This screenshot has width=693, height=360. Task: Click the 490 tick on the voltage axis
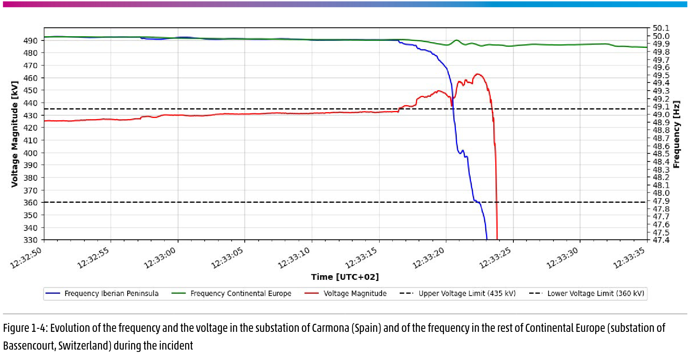click(30, 40)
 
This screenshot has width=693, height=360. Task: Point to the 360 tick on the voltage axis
click(30, 202)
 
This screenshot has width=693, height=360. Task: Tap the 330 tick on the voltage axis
click(30, 240)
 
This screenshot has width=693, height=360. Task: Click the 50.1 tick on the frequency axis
click(661, 28)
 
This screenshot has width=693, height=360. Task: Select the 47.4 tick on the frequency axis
click(661, 240)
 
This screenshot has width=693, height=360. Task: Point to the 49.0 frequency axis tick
click(661, 114)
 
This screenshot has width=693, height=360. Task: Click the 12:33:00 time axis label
click(160, 257)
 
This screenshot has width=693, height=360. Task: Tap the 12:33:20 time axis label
click(428, 257)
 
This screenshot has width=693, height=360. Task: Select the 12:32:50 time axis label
click(26, 257)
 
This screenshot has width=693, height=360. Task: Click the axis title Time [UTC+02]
click(345, 277)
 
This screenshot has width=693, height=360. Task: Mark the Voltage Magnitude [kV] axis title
click(15, 134)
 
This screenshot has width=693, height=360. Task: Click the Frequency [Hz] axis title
click(676, 134)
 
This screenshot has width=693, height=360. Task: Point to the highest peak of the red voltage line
click(478, 74)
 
